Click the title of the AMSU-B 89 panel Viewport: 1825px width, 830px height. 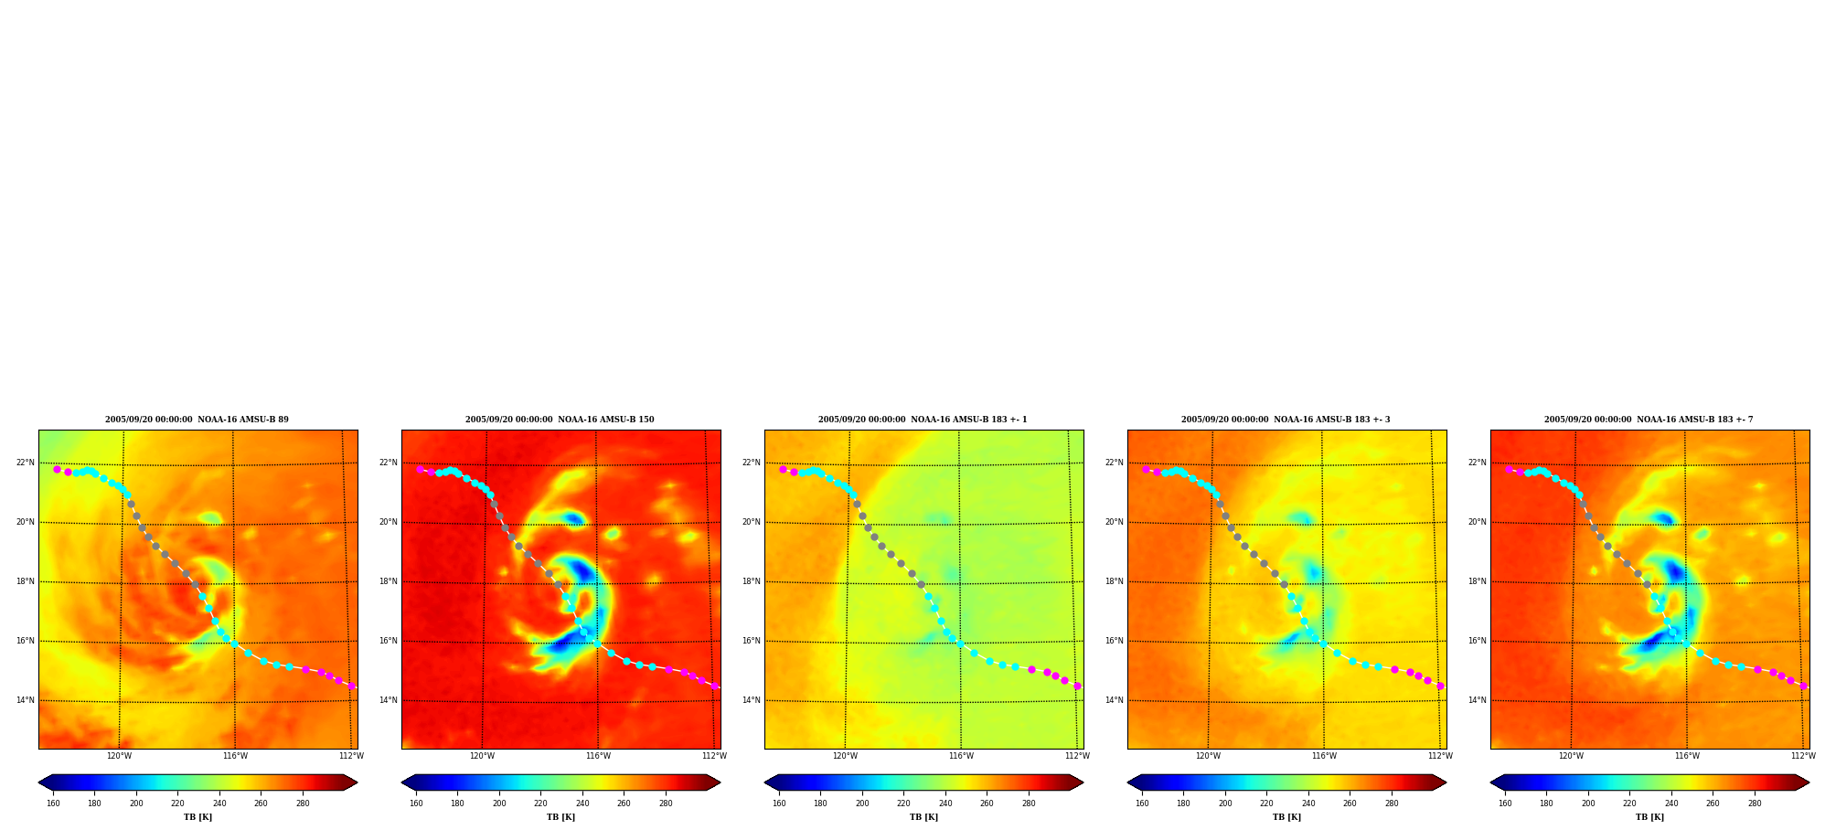click(197, 420)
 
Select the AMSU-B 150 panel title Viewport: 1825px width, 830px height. click(560, 420)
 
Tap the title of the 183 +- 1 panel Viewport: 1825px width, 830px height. click(923, 420)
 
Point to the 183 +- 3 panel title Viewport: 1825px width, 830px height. click(1286, 420)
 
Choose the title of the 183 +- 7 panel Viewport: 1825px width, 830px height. click(1649, 420)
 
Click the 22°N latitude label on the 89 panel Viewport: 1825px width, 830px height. click(26, 463)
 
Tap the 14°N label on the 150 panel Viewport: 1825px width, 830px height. click(389, 700)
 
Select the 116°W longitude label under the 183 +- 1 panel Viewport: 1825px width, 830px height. click(961, 756)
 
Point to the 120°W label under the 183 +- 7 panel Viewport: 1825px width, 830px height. click(1571, 756)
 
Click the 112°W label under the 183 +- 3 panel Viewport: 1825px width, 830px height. click(1440, 756)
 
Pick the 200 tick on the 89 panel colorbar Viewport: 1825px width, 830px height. click(136, 803)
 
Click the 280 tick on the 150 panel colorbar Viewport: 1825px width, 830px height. click(666, 803)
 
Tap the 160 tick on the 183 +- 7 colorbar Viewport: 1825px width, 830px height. click(1505, 803)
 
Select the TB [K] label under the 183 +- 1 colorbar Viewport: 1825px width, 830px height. click(923, 817)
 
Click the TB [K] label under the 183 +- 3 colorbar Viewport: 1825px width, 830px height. click(1286, 817)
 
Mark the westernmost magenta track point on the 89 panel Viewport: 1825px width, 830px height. click(57, 469)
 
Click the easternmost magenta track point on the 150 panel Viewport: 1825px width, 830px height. click(715, 686)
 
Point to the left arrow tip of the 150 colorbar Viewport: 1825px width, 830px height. click(401, 782)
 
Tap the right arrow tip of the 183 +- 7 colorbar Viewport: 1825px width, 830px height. click(1809, 782)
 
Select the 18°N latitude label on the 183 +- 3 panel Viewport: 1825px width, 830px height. click(1115, 581)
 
